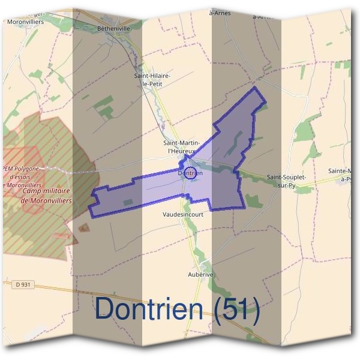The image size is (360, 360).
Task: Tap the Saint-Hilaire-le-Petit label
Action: [x=153, y=80]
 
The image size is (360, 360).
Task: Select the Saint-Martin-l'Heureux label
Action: [x=182, y=148]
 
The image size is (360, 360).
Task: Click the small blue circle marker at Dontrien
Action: [x=190, y=173]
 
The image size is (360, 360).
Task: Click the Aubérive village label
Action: [x=200, y=274]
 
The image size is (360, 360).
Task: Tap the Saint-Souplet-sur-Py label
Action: [x=287, y=181]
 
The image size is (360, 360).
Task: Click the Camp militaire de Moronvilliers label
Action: [x=46, y=196]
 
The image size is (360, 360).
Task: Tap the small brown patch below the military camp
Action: [x=83, y=227]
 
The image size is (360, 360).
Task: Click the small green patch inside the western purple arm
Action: [x=128, y=202]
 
